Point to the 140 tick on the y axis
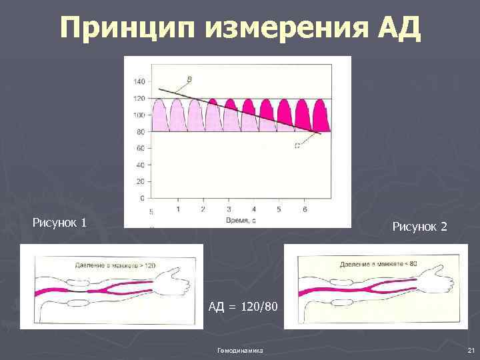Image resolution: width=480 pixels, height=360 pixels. click(x=139, y=82)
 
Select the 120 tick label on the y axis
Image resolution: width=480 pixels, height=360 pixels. click(x=139, y=99)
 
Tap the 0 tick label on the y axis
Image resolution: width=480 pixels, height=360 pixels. click(x=142, y=198)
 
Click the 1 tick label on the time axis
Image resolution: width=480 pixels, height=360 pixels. click(x=178, y=209)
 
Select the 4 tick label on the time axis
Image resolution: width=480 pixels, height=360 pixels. click(x=254, y=209)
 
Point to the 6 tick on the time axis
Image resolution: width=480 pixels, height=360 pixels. click(x=305, y=209)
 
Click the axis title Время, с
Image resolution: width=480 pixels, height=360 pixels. click(x=241, y=220)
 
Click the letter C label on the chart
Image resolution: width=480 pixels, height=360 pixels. click(x=297, y=145)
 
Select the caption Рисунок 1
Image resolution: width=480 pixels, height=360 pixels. click(x=59, y=222)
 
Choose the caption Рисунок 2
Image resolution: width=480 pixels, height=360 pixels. click(x=420, y=227)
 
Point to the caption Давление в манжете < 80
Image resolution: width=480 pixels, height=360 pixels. click(x=378, y=265)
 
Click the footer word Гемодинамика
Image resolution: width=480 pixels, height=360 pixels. click(x=240, y=350)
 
